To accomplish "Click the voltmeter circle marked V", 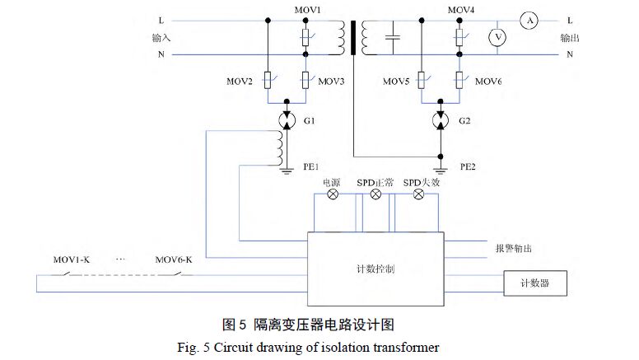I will [x=496, y=37].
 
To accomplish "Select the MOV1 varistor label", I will [x=306, y=10].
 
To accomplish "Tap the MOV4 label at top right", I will [x=459, y=10].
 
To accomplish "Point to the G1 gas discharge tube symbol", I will [x=287, y=120].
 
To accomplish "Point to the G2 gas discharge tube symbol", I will [x=441, y=120].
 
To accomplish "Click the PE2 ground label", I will [x=467, y=166].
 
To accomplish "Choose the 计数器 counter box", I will [x=534, y=283].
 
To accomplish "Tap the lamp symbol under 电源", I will [x=333, y=195].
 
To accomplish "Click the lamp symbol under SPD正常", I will [x=375, y=195].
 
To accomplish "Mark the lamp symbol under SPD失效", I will [x=418, y=195].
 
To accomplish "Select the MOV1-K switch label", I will [x=70, y=259].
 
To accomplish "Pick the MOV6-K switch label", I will [x=174, y=259].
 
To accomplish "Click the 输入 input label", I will [x=162, y=38].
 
